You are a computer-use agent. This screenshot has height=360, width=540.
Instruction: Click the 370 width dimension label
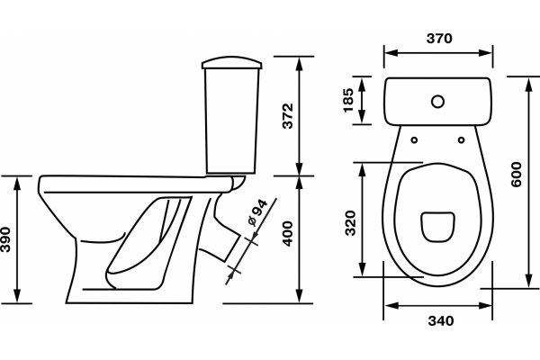[439, 38]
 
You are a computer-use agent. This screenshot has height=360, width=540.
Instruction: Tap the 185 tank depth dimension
[348, 100]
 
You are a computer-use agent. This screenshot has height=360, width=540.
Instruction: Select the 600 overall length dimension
[517, 175]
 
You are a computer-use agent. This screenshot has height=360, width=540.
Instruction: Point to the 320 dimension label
[350, 223]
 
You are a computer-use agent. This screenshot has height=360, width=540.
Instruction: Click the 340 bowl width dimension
[441, 321]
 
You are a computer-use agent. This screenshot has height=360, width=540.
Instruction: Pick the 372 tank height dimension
[288, 116]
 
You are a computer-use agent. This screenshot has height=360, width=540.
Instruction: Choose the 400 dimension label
[288, 234]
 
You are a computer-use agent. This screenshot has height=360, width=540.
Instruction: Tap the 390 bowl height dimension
[5, 239]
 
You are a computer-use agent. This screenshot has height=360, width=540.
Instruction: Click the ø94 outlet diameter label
[257, 213]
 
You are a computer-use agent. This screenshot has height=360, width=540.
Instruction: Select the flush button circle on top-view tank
[437, 102]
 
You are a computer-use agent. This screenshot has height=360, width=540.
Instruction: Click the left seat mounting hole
[415, 139]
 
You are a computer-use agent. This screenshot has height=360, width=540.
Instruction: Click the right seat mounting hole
[461, 139]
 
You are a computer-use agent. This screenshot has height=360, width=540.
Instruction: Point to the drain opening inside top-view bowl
[437, 227]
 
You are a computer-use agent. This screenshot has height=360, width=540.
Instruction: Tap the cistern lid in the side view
[232, 63]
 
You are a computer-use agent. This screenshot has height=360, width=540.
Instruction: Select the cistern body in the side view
[231, 121]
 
